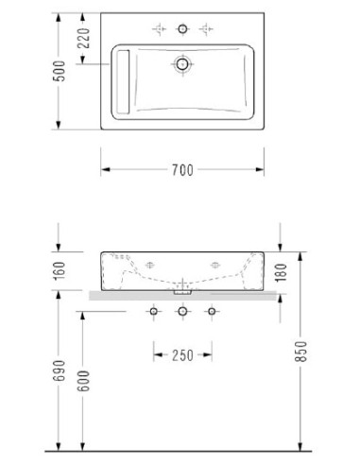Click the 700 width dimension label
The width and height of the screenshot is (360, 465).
pyautogui.click(x=182, y=170)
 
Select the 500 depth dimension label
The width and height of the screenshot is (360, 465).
pyautogui.click(x=60, y=71)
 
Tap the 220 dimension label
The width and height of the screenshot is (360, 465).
pyautogui.click(x=84, y=38)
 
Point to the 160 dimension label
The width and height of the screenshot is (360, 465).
pyautogui.click(x=60, y=270)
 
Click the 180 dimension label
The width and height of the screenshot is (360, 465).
pyautogui.click(x=281, y=272)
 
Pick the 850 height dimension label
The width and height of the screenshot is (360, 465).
pyautogui.click(x=300, y=352)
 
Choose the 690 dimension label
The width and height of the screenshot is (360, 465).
pyautogui.click(x=60, y=370)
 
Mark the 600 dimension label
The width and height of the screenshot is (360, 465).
pyautogui.click(x=84, y=381)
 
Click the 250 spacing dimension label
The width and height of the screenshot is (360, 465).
pyautogui.click(x=182, y=355)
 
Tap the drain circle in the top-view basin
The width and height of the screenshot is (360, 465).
pyautogui.click(x=182, y=64)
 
